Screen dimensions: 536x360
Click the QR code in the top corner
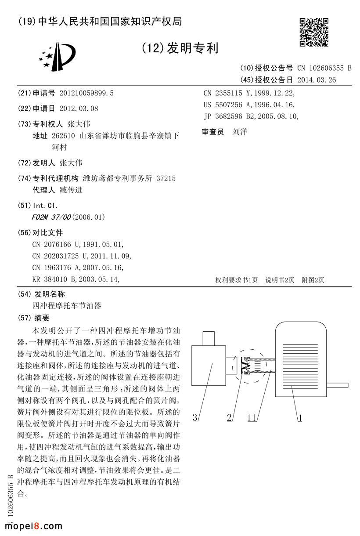(313, 32)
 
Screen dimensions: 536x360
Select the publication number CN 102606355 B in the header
(324, 68)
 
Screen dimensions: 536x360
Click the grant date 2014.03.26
(316, 80)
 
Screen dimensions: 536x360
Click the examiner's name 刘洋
(240, 132)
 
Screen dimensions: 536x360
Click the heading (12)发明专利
(180, 48)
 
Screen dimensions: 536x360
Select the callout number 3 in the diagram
(195, 417)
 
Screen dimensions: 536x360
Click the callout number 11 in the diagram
(251, 418)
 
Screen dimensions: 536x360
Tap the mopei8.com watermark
(34, 525)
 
